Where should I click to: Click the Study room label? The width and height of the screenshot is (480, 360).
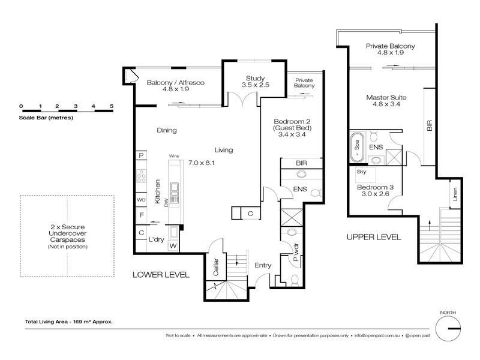click(256, 79)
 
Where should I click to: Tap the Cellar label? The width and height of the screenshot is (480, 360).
click(216, 267)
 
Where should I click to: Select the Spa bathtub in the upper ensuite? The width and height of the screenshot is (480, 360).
click(357, 147)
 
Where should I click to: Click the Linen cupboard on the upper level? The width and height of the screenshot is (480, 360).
click(455, 194)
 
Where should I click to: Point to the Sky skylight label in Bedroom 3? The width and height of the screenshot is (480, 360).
click(361, 172)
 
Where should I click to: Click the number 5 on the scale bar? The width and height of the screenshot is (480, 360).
click(112, 106)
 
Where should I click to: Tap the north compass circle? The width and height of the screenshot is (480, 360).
click(448, 328)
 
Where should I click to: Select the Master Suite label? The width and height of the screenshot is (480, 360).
click(386, 98)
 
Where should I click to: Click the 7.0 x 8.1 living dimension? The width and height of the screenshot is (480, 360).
click(202, 163)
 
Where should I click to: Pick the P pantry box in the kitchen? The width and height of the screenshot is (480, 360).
click(141, 155)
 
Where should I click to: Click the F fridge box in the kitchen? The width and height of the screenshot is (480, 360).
click(142, 215)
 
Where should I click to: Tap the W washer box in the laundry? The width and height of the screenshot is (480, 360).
click(173, 246)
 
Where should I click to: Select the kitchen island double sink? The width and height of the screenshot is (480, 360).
click(174, 193)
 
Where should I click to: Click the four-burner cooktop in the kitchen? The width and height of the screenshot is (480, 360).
click(141, 176)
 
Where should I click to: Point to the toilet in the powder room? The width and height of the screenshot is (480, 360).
click(295, 280)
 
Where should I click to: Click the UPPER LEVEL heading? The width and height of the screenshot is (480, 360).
click(374, 237)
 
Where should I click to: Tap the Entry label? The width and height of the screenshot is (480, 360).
click(263, 265)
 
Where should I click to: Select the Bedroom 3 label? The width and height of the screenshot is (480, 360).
click(376, 187)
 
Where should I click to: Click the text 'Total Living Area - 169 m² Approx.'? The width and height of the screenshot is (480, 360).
click(69, 322)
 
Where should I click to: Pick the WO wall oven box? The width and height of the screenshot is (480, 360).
click(141, 200)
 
